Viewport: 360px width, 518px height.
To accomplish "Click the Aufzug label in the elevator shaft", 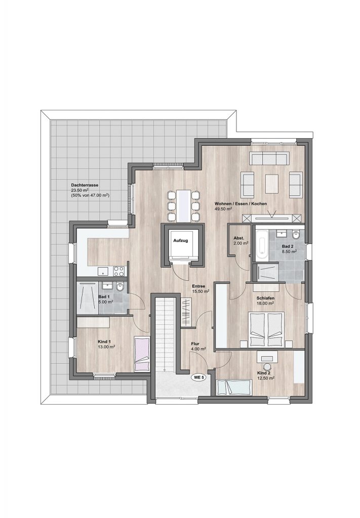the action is [180, 240].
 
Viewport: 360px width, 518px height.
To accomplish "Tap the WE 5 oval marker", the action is [198, 378].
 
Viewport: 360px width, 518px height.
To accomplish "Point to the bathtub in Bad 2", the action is [261, 245].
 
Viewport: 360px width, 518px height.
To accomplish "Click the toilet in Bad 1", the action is [119, 287].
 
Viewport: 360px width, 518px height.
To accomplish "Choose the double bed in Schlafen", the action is [266, 329].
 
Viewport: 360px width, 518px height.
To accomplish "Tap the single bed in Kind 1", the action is [142, 354].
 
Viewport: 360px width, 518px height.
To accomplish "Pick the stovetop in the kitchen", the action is [118, 271].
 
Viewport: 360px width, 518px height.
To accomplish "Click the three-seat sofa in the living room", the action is [269, 158].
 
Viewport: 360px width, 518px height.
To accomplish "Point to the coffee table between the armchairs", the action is [272, 184].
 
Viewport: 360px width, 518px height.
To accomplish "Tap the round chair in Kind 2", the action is [267, 367].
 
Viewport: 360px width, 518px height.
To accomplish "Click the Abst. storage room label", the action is [238, 238].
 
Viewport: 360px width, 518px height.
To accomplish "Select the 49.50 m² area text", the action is [223, 209].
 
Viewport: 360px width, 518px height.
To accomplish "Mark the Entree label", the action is [198, 286].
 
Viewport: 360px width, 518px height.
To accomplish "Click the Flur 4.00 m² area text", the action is [198, 349].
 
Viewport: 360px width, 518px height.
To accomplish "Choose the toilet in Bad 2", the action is [296, 235].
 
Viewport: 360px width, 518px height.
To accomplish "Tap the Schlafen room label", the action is [265, 298].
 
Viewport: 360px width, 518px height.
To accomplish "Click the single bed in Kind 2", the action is [235, 387].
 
